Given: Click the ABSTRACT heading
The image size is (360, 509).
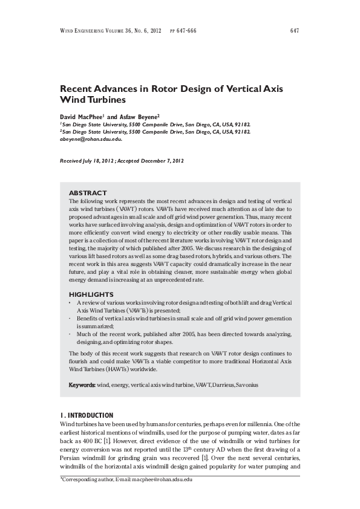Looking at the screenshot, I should (x=88, y=192).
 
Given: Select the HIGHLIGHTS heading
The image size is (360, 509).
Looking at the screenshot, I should (x=91, y=294).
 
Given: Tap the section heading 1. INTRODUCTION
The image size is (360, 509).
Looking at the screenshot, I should (x=86, y=415).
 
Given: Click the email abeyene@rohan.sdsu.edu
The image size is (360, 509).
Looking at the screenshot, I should (x=91, y=138).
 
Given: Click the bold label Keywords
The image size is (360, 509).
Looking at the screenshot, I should (x=82, y=384).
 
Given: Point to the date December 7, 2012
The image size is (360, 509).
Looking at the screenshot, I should (x=160, y=162).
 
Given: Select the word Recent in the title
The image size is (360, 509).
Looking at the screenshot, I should (x=79, y=88).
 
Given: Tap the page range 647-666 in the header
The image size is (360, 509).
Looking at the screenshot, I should (x=188, y=31).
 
